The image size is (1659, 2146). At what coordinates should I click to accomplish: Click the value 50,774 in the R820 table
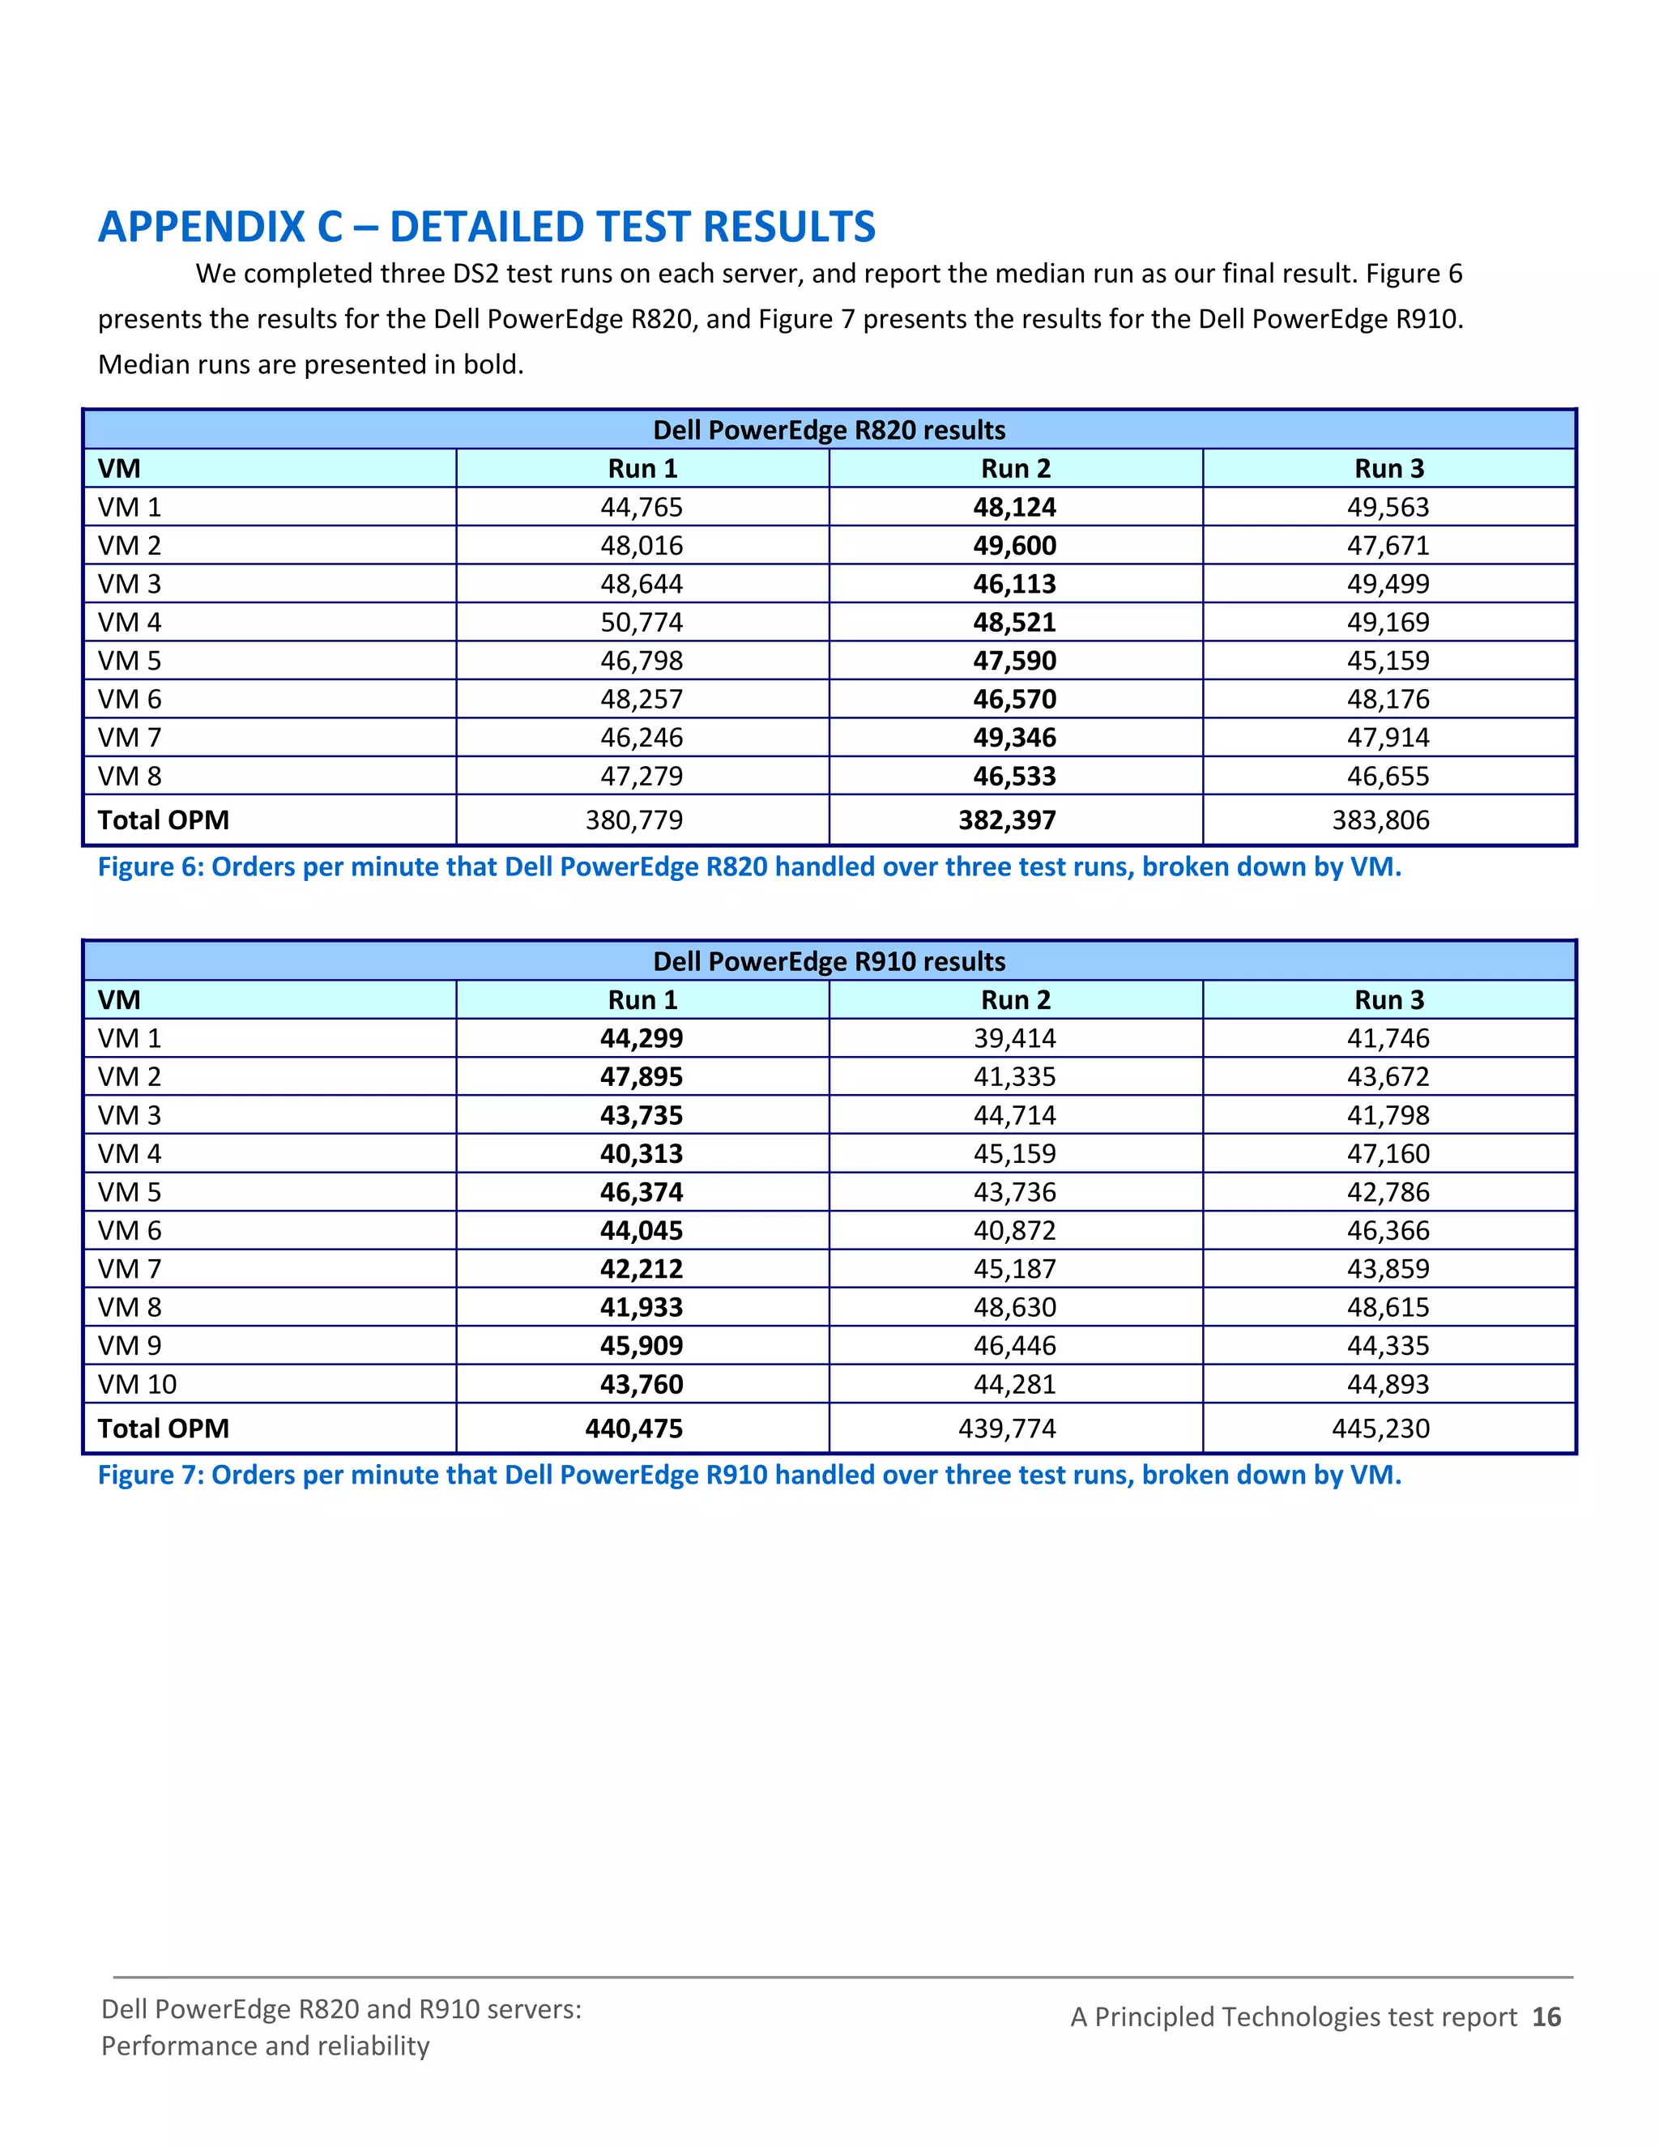point(641,622)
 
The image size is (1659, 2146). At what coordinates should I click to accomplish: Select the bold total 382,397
point(1008,820)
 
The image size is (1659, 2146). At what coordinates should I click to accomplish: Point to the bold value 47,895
point(641,1076)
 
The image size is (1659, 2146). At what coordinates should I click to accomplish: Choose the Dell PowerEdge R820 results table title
point(829,430)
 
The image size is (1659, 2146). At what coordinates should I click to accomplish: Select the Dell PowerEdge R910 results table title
point(829,961)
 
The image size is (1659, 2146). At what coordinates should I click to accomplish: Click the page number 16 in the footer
point(1546,2016)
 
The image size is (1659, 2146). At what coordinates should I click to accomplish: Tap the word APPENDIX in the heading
point(202,227)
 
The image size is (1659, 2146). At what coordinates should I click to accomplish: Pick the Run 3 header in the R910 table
point(1388,999)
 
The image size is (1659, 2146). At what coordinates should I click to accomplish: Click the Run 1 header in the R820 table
point(642,469)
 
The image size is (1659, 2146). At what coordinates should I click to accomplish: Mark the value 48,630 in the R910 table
point(1014,1307)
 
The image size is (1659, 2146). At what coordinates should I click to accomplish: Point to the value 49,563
point(1388,507)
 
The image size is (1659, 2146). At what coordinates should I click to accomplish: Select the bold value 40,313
point(641,1153)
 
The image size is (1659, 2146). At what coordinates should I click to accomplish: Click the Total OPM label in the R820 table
point(163,820)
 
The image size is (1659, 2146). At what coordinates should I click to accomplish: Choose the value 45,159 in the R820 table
point(1388,660)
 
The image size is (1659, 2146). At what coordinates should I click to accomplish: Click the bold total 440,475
point(634,1428)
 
